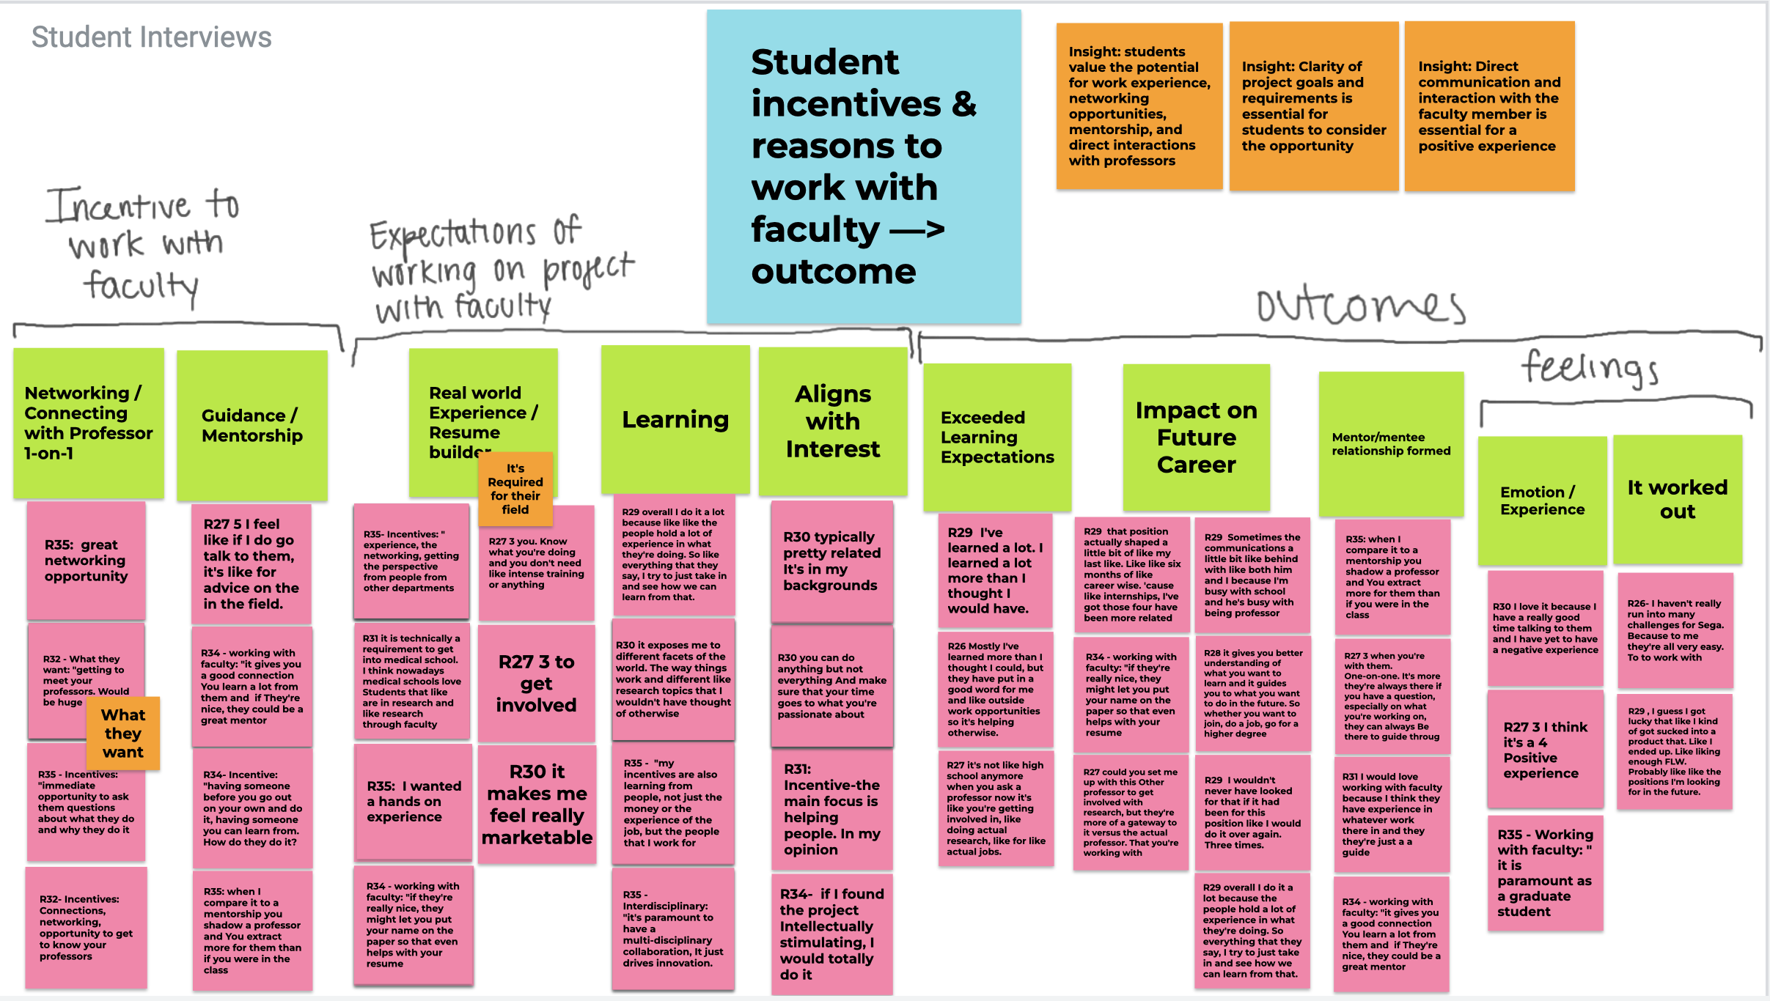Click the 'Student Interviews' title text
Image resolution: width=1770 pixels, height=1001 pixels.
(x=151, y=37)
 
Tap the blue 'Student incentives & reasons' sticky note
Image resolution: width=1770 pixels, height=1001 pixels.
(x=863, y=167)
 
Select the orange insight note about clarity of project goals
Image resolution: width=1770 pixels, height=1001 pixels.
(x=1313, y=106)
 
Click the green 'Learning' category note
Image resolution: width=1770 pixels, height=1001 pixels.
(x=675, y=420)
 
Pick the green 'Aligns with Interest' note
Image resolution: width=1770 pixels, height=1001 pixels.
(x=832, y=421)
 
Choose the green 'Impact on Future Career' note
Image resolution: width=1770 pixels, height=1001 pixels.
(x=1196, y=437)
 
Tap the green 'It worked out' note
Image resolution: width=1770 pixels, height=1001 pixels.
(x=1677, y=499)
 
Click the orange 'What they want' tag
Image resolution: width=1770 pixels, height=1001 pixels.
(x=122, y=734)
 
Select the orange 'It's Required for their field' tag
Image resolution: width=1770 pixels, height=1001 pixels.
(x=515, y=489)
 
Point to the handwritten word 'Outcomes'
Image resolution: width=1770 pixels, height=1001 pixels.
(x=1361, y=306)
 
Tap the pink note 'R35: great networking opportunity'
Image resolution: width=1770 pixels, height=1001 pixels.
(x=86, y=561)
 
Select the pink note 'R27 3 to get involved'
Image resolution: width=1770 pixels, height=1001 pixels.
(x=536, y=683)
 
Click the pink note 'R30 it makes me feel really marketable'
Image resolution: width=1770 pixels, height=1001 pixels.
(x=537, y=804)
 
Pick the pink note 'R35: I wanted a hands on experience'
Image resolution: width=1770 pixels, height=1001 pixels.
(x=413, y=801)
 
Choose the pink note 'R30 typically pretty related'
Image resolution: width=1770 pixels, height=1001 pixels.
(x=831, y=561)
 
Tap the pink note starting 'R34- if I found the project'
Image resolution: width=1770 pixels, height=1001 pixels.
(x=831, y=934)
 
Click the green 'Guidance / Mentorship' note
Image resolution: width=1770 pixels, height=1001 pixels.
(x=251, y=426)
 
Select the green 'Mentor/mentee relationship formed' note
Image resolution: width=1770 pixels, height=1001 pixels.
(x=1391, y=444)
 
